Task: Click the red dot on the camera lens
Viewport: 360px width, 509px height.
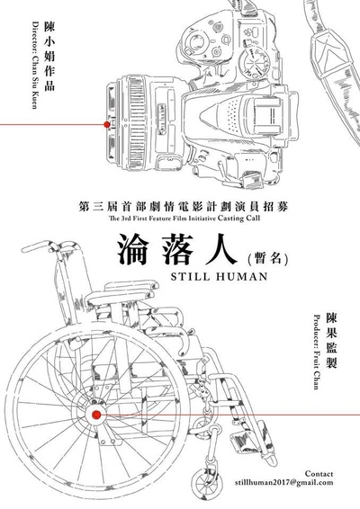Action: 106,124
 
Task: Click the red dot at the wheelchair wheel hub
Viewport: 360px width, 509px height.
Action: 96,415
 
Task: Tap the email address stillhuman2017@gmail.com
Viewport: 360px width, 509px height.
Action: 284,482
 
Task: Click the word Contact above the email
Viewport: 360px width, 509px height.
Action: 319,474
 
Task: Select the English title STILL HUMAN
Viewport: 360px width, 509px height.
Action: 219,277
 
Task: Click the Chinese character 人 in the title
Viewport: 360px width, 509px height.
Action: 219,249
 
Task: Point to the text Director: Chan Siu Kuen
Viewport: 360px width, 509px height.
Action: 34,65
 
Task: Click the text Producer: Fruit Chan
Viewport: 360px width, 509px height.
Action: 316,352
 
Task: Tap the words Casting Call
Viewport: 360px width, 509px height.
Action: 239,219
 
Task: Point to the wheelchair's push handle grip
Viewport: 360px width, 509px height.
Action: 39,246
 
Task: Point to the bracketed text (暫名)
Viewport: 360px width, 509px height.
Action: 267,259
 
